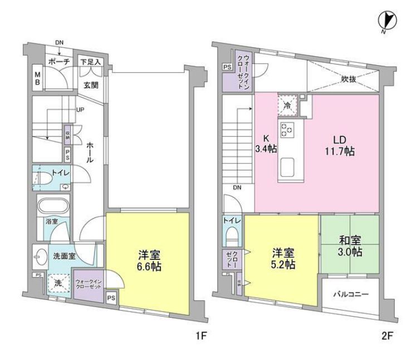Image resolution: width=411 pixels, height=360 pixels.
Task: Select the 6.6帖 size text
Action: coord(150,267)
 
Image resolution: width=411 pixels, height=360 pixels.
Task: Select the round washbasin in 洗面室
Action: coord(40,258)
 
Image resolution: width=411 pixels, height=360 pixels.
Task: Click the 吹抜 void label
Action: coord(349,79)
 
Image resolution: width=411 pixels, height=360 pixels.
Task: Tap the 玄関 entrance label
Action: coord(91,85)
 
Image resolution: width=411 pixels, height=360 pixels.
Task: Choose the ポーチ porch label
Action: coord(58,62)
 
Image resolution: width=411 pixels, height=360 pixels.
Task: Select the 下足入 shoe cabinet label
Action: coord(90,62)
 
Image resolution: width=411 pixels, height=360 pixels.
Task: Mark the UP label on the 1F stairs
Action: coord(80,110)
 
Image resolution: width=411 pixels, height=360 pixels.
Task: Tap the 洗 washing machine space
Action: coord(57,283)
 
